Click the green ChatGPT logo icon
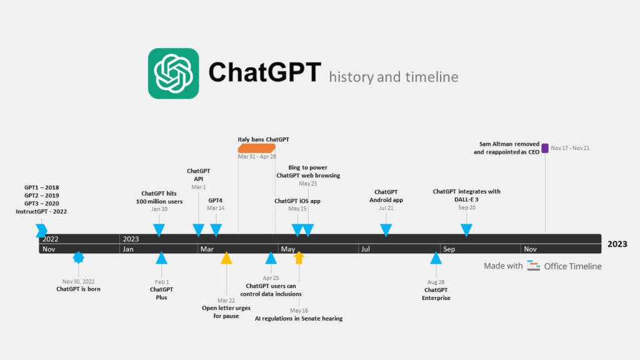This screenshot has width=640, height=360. (x=173, y=73)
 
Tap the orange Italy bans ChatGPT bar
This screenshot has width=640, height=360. (x=256, y=148)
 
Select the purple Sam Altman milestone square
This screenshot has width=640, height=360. (x=545, y=148)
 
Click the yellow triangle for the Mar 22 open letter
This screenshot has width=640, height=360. (x=226, y=258)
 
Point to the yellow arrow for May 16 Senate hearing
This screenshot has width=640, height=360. (x=299, y=257)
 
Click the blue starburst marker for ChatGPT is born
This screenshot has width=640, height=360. (x=78, y=257)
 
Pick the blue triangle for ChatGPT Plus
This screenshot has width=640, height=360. (x=161, y=258)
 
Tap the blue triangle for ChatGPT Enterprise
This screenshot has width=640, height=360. (x=436, y=258)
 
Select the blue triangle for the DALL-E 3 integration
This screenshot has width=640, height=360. (x=466, y=229)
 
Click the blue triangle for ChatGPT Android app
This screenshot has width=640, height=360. (x=386, y=229)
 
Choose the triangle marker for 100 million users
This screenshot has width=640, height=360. (x=159, y=229)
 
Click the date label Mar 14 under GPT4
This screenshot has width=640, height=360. (x=216, y=208)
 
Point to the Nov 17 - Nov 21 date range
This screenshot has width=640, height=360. (x=570, y=148)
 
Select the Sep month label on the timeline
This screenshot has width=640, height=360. (x=449, y=249)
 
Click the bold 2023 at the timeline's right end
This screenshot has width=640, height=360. (x=617, y=244)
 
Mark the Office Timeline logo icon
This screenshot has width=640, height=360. (x=533, y=266)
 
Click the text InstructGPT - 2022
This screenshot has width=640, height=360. (x=41, y=211)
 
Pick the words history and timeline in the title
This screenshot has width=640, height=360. (x=393, y=77)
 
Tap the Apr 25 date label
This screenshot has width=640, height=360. (x=271, y=277)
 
